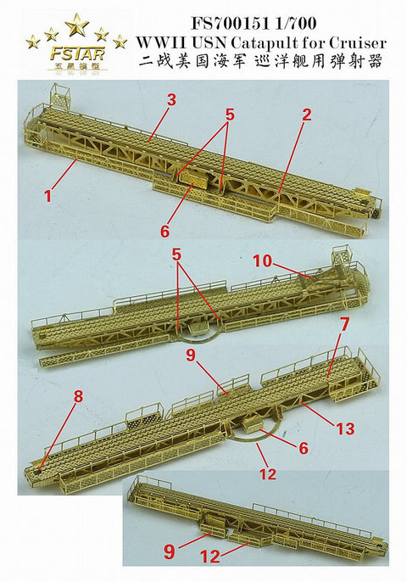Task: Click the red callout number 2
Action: pyautogui.click(x=307, y=114)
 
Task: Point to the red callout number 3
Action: pyautogui.click(x=171, y=100)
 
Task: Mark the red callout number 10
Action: pyautogui.click(x=261, y=262)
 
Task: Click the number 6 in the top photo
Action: pyautogui.click(x=164, y=229)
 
